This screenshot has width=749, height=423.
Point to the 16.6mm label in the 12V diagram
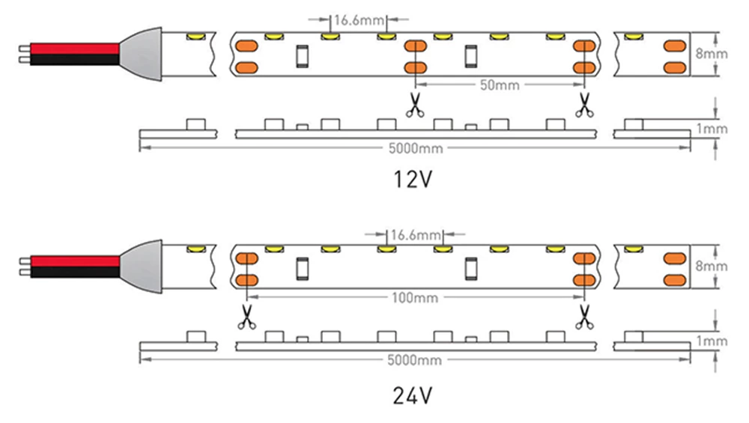click(358, 20)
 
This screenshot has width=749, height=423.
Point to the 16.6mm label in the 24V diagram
click(414, 234)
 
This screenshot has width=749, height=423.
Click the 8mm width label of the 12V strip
click(711, 54)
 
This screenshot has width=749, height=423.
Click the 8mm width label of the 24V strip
click(711, 267)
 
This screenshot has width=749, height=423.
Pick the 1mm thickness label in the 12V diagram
click(711, 129)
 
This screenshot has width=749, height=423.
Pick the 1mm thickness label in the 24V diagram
click(711, 341)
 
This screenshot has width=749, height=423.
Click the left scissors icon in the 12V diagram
click(413, 106)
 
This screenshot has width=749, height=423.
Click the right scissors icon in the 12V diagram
click(583, 106)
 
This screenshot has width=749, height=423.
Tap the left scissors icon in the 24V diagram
click(245, 318)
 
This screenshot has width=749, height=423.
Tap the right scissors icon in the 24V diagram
click(583, 318)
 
